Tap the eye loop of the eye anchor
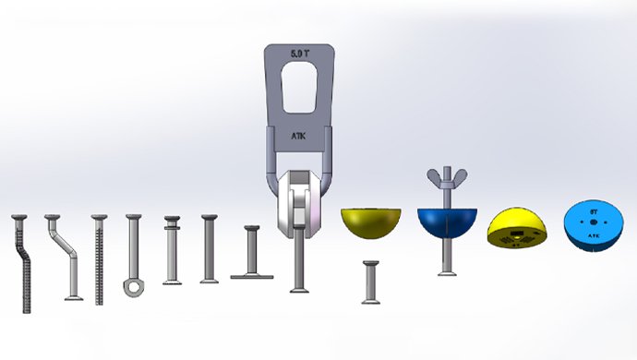(x=132, y=288)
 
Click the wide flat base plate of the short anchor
(x=251, y=275)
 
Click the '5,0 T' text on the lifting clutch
(x=299, y=54)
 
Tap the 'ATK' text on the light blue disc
(x=595, y=235)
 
